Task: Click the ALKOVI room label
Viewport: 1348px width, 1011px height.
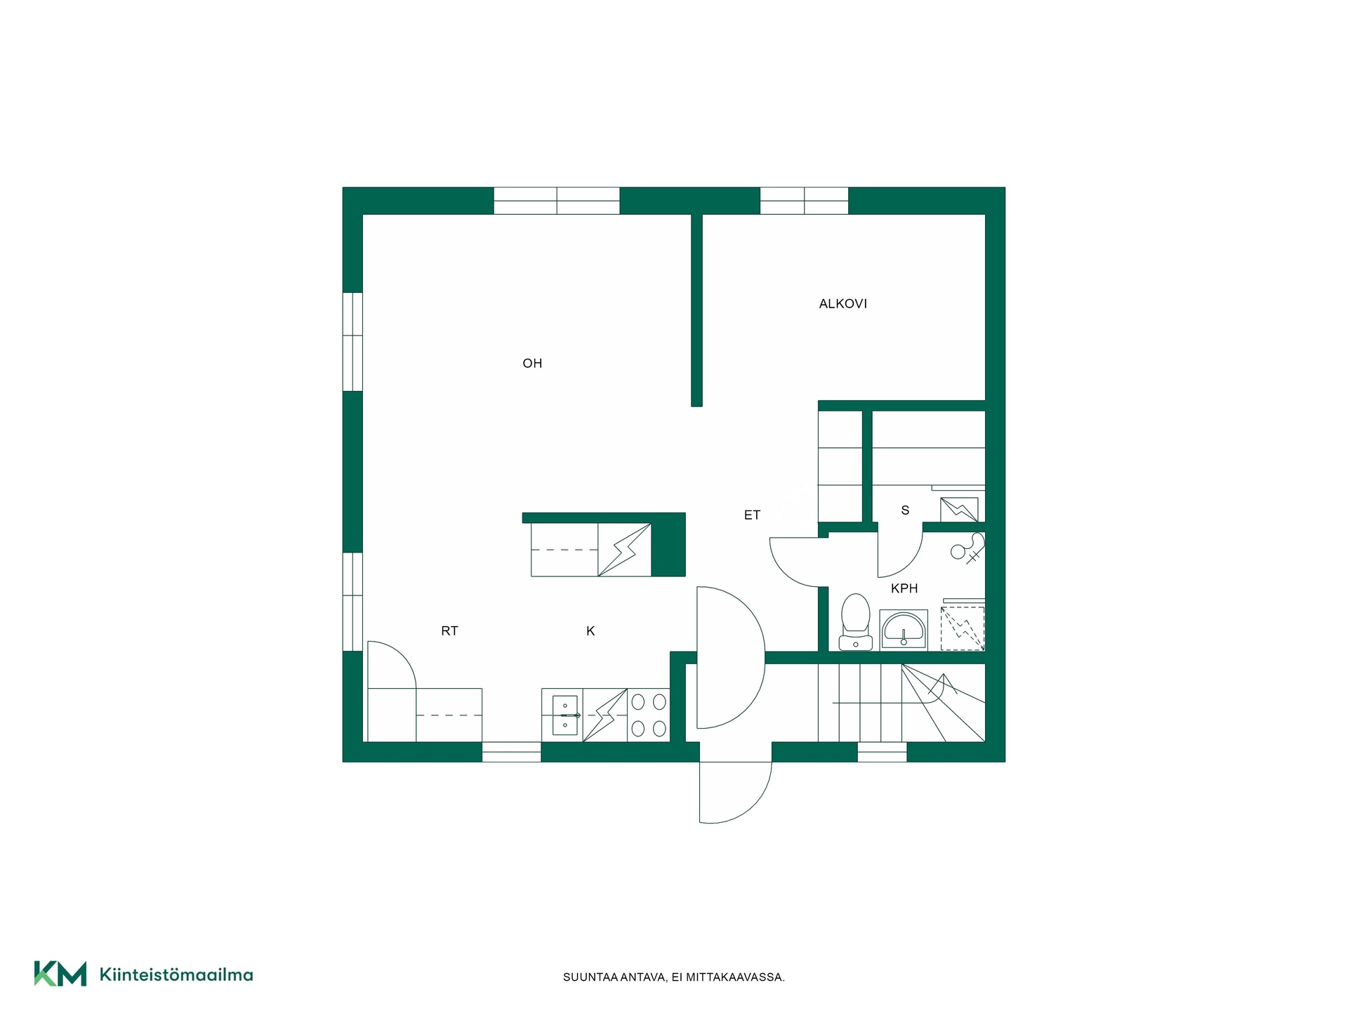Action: point(842,304)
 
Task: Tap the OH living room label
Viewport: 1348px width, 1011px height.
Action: point(532,364)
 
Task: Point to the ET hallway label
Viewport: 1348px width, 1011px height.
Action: point(752,515)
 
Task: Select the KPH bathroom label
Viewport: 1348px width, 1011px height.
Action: point(904,588)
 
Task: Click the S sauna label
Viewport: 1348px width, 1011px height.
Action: point(905,510)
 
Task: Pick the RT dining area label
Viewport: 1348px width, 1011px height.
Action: point(449,631)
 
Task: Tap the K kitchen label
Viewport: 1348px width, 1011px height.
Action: point(590,631)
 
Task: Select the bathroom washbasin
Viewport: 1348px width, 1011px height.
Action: point(904,630)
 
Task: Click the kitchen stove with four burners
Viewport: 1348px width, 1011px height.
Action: point(649,715)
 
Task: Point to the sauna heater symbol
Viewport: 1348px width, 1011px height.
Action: point(959,510)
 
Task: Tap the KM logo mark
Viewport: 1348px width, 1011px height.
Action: point(60,974)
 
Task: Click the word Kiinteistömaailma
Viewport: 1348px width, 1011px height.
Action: point(176,974)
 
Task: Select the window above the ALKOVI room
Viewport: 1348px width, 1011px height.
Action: point(804,201)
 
